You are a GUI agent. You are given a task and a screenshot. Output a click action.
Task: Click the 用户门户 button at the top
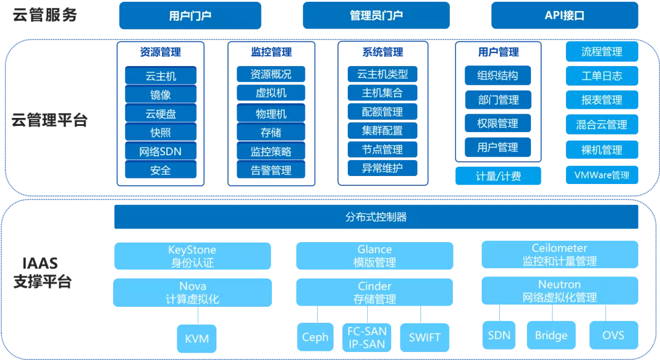tap(190, 15)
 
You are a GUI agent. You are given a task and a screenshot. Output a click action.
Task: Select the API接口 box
tap(565, 15)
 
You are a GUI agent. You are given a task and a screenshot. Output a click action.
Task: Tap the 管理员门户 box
tap(376, 15)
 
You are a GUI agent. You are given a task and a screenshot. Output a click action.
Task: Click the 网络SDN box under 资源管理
tap(160, 151)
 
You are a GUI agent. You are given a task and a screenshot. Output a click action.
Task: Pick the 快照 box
tap(160, 132)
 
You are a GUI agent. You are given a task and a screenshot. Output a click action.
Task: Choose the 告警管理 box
tap(271, 170)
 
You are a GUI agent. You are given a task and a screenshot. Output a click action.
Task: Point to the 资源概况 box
tap(271, 74)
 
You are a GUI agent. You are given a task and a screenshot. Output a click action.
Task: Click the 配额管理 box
tap(382, 112)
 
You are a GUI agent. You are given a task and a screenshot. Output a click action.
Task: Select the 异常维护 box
tap(382, 168)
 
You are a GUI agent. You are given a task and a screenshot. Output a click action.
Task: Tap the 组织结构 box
tap(497, 75)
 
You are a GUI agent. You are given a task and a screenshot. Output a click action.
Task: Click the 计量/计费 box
tap(498, 176)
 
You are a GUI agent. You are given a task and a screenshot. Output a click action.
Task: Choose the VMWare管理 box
tap(602, 175)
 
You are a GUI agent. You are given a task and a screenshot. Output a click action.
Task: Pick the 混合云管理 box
tap(602, 124)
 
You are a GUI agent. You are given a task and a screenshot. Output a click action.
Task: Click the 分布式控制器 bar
tap(376, 217)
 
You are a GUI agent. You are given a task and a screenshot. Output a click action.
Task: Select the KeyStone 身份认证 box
tap(193, 256)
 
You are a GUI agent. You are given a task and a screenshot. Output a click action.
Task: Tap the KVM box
tap(197, 339)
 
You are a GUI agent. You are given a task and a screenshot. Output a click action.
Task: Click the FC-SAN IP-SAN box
tap(367, 337)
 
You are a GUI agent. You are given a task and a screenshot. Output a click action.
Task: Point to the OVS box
tap(614, 335)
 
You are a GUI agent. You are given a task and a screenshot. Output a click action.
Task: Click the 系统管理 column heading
tap(383, 52)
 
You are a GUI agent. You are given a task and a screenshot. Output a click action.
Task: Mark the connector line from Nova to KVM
tap(197, 315)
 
